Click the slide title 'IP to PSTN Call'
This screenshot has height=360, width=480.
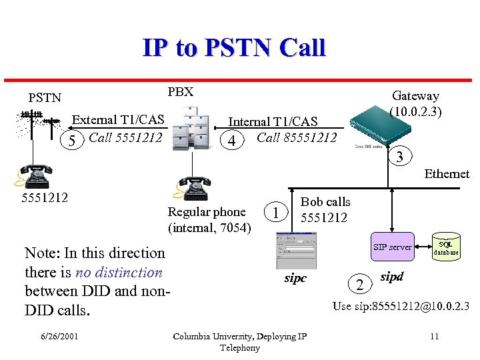pyautogui.click(x=233, y=48)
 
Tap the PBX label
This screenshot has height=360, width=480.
pyautogui.click(x=180, y=92)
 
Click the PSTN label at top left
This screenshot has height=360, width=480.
pyautogui.click(x=45, y=97)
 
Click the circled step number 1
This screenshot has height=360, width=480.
pyautogui.click(x=275, y=213)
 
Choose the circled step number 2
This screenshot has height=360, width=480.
pyautogui.click(x=360, y=285)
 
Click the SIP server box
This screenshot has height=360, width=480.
pyautogui.click(x=392, y=247)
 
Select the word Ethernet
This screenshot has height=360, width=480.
pyautogui.click(x=447, y=174)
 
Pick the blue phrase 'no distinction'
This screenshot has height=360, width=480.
pyautogui.click(x=119, y=272)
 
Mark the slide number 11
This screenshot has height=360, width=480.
pyautogui.click(x=434, y=336)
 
